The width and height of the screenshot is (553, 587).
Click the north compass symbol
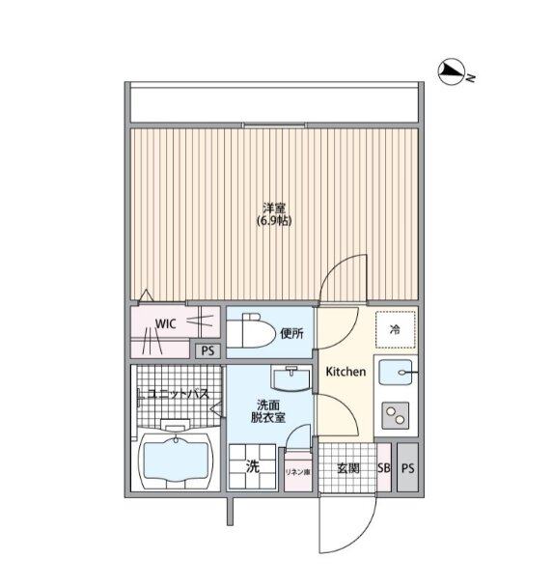pyautogui.click(x=452, y=70)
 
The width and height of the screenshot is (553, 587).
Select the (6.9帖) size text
pyautogui.click(x=274, y=221)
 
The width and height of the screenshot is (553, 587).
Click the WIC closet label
pyautogui.click(x=165, y=323)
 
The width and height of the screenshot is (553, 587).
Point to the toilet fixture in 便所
pyautogui.click(x=250, y=331)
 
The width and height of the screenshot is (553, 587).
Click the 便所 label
pyautogui.click(x=291, y=333)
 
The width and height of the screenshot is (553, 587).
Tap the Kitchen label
pyautogui.click(x=346, y=372)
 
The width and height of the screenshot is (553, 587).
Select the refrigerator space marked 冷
pyautogui.click(x=396, y=330)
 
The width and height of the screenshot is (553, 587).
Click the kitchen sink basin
pyautogui.click(x=396, y=372)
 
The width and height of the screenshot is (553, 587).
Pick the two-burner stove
pyautogui.click(x=396, y=415)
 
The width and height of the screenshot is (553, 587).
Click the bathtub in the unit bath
pyautogui.click(x=176, y=461)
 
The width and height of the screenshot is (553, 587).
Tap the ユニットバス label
pyautogui.click(x=179, y=394)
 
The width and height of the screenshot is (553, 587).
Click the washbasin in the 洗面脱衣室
pyautogui.click(x=291, y=379)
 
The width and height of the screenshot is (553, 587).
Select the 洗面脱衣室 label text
pyautogui.click(x=268, y=411)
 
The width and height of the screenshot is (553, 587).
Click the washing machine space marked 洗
pyautogui.click(x=253, y=466)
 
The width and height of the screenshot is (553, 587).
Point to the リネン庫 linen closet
pyautogui.click(x=298, y=472)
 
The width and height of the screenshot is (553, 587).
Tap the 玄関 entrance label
pyautogui.click(x=348, y=468)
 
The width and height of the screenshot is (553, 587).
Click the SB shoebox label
pyautogui.click(x=384, y=468)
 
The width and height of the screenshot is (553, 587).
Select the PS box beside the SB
pyautogui.click(x=408, y=467)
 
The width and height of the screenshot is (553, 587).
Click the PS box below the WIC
pyautogui.click(x=208, y=350)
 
